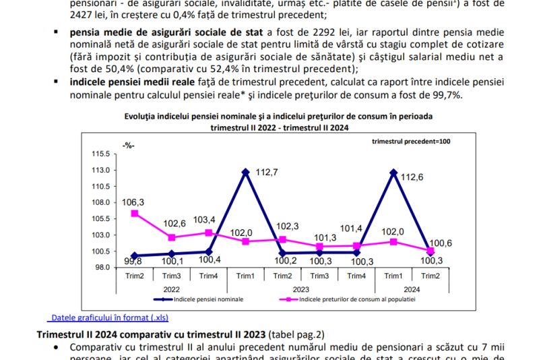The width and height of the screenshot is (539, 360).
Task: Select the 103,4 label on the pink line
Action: (x=204, y=220)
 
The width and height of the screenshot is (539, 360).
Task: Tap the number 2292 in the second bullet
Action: (x=286, y=32)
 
